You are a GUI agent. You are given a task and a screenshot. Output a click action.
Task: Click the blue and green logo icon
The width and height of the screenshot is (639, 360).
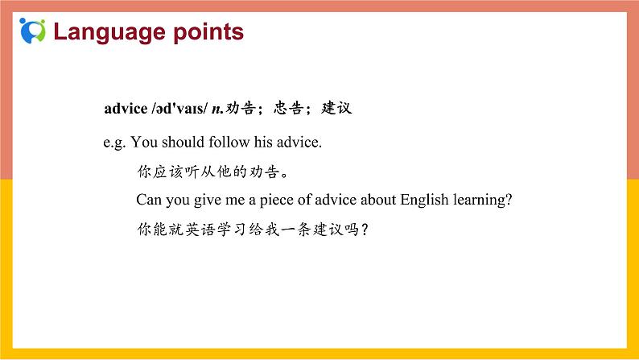33,31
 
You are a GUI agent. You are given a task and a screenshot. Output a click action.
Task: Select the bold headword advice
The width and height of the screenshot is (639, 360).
126,108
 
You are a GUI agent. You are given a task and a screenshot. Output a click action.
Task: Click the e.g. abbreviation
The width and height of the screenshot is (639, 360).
114,143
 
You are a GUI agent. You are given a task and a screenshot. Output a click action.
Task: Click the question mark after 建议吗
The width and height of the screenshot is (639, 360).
366,229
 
